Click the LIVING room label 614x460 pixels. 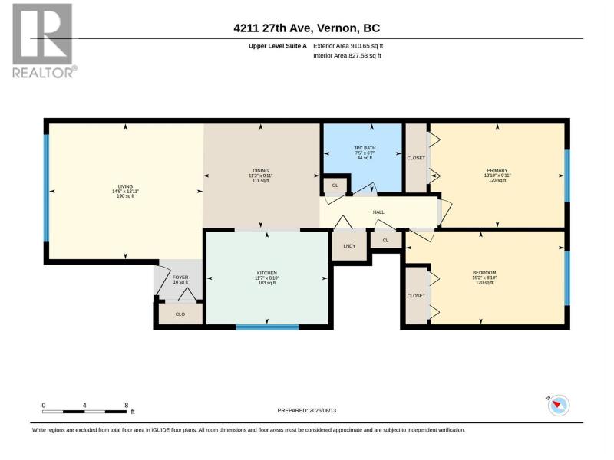125,186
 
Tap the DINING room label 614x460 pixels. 260,171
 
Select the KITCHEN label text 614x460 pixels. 266,273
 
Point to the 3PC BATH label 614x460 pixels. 365,148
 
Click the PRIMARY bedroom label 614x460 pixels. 497,170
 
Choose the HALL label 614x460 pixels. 378,212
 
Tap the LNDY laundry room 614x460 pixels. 349,246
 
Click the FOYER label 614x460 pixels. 180,278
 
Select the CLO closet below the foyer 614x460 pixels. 180,314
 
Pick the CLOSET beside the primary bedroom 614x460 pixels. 416,158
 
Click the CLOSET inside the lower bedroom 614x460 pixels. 416,296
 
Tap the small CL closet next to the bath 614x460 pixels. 335,186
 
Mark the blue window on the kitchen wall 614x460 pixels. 267,327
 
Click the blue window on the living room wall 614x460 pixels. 46,188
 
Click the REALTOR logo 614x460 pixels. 44,41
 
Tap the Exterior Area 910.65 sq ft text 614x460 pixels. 348,46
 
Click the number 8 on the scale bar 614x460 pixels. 126,406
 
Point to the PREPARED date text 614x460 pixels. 306,411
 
